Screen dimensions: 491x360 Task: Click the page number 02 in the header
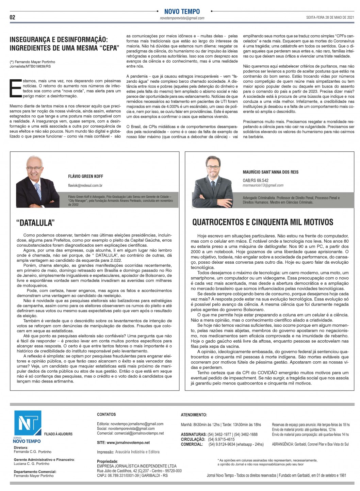12,17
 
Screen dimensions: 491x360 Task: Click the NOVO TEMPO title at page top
182,12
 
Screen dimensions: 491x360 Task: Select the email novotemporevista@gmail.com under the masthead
182,18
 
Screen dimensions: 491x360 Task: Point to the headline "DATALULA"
35,223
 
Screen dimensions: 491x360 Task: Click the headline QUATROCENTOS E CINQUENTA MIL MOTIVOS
263,222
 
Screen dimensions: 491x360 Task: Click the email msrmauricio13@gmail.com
263,185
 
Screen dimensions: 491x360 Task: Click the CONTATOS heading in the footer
106,414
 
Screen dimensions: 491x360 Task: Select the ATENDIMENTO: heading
194,415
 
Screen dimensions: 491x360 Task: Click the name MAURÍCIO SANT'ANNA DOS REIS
271,172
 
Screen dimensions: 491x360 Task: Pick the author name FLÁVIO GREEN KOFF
85,176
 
